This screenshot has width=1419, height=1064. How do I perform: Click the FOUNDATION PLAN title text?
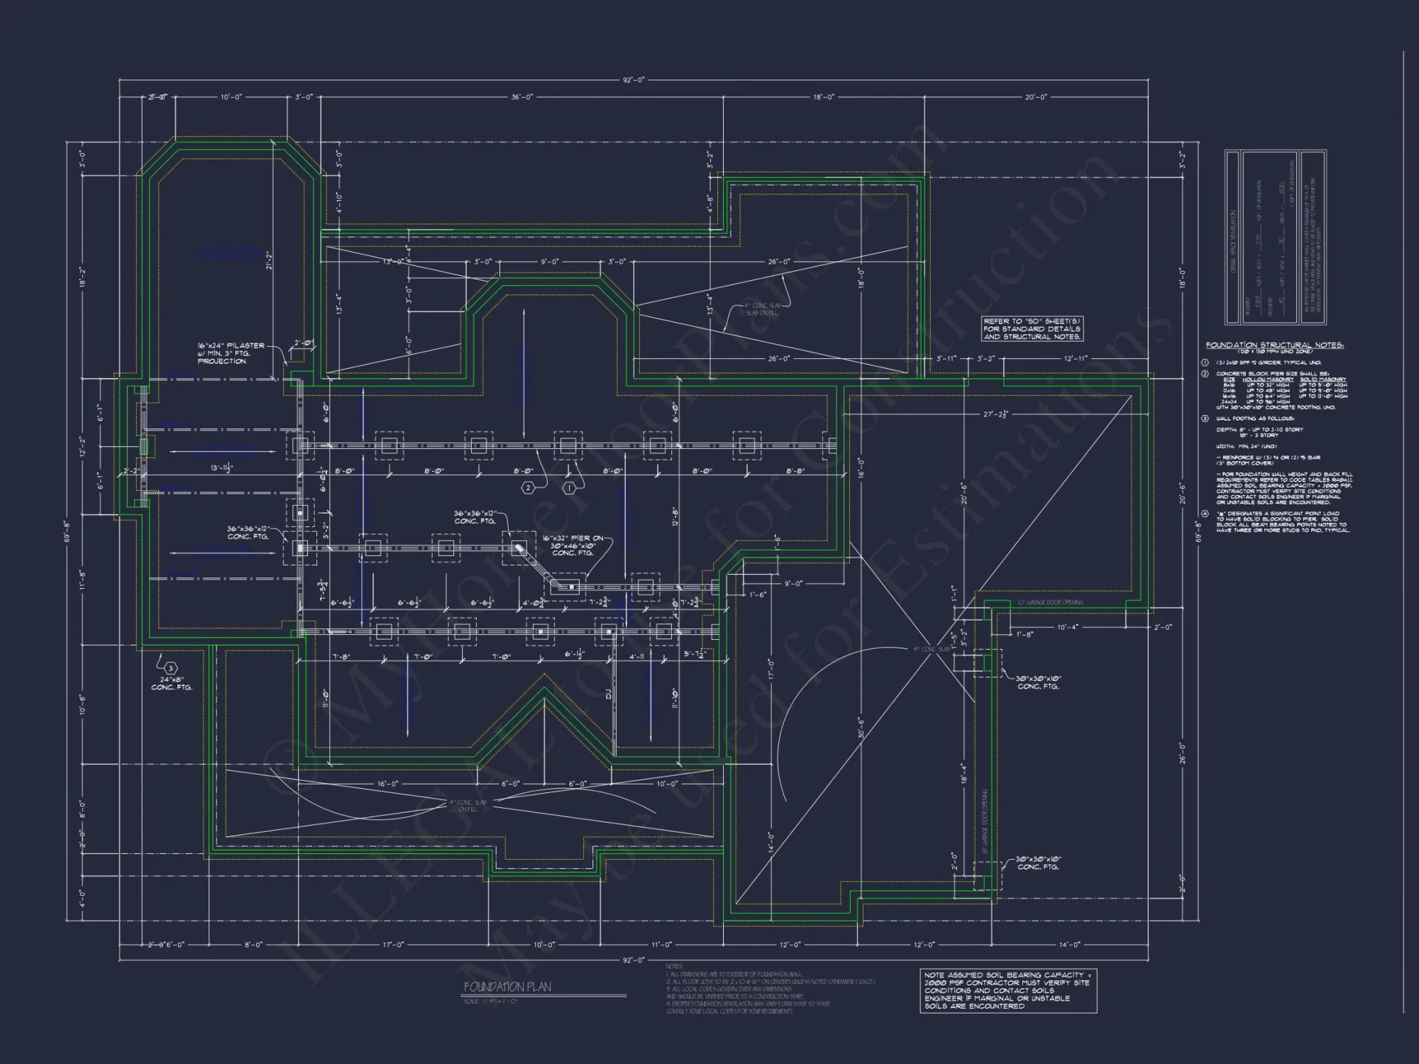pyautogui.click(x=507, y=987)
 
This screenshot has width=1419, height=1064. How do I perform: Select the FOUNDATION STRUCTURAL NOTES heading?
pyautogui.click(x=1274, y=345)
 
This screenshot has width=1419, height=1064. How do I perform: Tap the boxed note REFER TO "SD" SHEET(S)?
pyautogui.click(x=1032, y=329)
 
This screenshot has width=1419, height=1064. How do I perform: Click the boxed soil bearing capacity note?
pyautogui.click(x=1007, y=991)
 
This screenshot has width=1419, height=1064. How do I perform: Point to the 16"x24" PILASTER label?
pyautogui.click(x=231, y=346)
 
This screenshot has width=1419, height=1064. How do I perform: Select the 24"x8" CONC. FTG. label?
pyautogui.click(x=172, y=683)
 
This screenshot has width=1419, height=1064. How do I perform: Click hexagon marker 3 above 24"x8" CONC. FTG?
pyautogui.click(x=170, y=668)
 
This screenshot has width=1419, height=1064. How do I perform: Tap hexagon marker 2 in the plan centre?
pyautogui.click(x=528, y=488)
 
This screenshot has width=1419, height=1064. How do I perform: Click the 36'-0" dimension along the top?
pyautogui.click(x=521, y=97)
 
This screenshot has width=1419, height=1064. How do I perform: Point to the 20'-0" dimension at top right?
pyautogui.click(x=1036, y=97)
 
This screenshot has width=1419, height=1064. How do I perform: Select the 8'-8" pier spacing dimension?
pyautogui.click(x=795, y=471)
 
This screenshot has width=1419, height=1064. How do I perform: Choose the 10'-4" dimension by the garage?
pyautogui.click(x=1067, y=627)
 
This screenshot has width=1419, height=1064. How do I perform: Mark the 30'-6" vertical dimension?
pyautogui.click(x=861, y=728)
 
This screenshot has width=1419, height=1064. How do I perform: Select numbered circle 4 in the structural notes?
pyautogui.click(x=1204, y=514)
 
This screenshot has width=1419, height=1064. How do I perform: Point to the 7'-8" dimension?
pyautogui.click(x=341, y=657)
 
